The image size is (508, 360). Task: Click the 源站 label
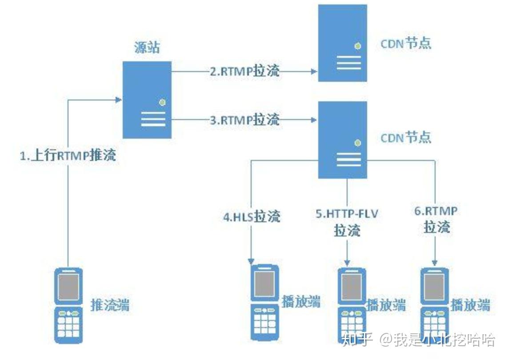point(147,48)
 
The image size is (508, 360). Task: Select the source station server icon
point(147,100)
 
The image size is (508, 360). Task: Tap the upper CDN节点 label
point(406,44)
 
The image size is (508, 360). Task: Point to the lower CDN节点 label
point(406,137)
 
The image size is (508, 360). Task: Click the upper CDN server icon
point(342,43)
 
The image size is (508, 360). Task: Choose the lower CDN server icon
point(342,140)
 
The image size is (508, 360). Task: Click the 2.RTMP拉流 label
point(244,71)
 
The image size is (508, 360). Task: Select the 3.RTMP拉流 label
point(244,120)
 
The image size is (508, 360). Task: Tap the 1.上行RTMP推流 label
point(68,156)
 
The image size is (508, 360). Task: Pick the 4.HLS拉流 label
point(252,217)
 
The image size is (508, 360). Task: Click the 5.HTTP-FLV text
point(347,214)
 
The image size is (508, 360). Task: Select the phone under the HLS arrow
point(265,302)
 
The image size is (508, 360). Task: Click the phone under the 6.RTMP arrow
point(435,304)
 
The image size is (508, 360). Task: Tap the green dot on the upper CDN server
point(357,46)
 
